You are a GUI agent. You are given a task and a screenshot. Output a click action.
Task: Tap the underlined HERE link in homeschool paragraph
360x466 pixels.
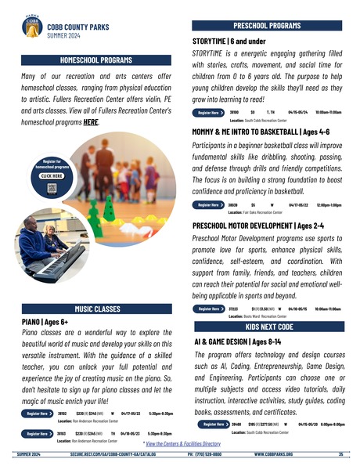click(92, 123)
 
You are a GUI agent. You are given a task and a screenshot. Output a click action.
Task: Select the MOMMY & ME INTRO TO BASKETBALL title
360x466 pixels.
click(266, 132)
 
